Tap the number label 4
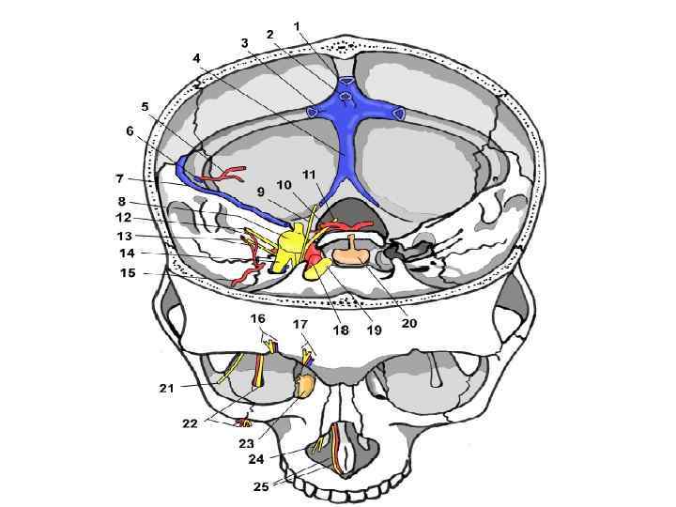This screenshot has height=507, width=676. point(196,58)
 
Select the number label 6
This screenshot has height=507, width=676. point(130,131)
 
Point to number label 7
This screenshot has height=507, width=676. point(119,177)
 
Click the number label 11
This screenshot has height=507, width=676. point(308,176)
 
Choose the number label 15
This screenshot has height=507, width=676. point(128,273)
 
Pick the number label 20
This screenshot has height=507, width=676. point(408,323)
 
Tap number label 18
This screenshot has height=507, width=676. point(340,330)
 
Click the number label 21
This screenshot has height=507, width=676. point(166,386)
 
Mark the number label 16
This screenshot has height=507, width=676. point(258,319)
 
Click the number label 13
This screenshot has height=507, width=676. point(125,236)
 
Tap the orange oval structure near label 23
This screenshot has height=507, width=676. point(305,384)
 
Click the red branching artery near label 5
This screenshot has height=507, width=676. point(228,173)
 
